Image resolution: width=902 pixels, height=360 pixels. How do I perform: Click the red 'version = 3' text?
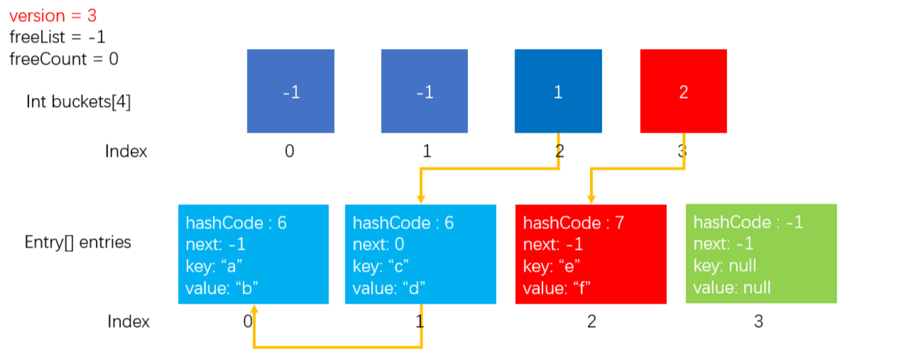pos(53,15)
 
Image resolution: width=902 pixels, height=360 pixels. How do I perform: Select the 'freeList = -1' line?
pos(57,37)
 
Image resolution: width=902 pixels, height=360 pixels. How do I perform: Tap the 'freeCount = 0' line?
pos(64,59)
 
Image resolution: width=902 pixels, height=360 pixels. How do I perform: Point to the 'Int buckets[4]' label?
pos(79,102)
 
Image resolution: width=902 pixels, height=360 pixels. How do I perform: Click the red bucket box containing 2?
pos(683,91)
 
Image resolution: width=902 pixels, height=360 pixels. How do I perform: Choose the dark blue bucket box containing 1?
pos(558,91)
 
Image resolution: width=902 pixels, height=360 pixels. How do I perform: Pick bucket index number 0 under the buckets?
pos(290,151)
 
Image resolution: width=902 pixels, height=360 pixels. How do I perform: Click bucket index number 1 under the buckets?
pos(427,151)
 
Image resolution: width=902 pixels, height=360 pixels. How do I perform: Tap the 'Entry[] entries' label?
pos(77,242)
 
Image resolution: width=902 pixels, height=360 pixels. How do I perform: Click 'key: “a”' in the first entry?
pos(214,266)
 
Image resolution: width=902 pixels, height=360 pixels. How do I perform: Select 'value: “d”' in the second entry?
pos(389,288)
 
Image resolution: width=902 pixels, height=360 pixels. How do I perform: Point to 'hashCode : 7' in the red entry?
pos(573,222)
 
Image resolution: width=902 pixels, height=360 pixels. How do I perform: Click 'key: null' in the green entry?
pos(725,266)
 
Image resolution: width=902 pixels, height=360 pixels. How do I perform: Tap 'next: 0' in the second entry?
pos(378,244)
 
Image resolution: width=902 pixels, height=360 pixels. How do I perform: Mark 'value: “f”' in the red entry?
pos(557,288)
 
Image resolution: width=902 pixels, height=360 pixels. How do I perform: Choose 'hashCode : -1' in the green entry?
pos(748,222)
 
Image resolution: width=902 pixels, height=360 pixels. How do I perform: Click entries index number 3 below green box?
pos(759,322)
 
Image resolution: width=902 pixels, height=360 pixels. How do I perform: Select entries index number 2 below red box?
pos(591,322)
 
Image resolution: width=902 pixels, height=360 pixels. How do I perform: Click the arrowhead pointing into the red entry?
pos(591,200)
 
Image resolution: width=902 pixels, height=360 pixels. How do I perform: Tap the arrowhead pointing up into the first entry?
pos(254,309)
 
